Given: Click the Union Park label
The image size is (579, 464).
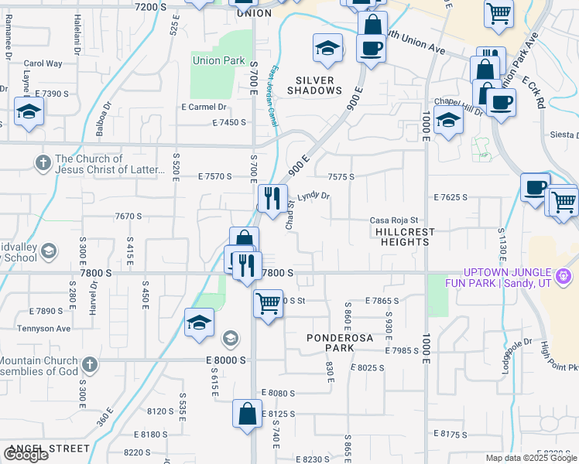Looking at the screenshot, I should [x=218, y=60].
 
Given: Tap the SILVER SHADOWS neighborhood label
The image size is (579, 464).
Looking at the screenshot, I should [x=315, y=85].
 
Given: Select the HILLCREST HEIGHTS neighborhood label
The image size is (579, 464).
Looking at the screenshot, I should [x=404, y=237].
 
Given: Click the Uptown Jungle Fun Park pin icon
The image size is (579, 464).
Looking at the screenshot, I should [x=564, y=275].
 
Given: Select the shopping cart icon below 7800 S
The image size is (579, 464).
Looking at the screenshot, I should [x=268, y=303].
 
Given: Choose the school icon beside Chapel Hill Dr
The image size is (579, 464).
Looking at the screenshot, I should [x=447, y=120].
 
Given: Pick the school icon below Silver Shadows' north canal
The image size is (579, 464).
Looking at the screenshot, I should [x=327, y=49].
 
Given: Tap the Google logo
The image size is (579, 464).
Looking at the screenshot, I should [x=26, y=455].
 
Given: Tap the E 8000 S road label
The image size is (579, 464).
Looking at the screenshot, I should [x=226, y=360].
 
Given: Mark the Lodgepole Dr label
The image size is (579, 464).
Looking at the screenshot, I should [x=517, y=352].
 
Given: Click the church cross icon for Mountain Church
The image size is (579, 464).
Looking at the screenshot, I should [x=90, y=363].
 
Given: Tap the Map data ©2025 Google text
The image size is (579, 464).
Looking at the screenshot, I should [x=530, y=458].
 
